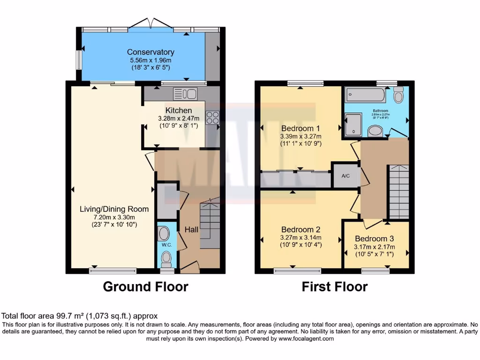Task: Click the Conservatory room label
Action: [x=150, y=52]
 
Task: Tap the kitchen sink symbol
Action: [x=185, y=94]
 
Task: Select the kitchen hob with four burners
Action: [x=212, y=117]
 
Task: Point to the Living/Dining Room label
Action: [x=114, y=209]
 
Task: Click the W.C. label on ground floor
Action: [x=166, y=244]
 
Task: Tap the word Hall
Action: [x=191, y=230]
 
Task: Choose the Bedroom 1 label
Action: [x=300, y=128]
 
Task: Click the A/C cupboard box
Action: [x=346, y=176]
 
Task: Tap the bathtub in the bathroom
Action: [x=366, y=95]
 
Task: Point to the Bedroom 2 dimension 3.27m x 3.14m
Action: [x=300, y=238]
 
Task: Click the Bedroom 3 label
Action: [x=375, y=239]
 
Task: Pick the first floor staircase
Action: [x=399, y=192]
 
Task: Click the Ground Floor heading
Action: [x=145, y=286]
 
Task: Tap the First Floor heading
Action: [x=334, y=286]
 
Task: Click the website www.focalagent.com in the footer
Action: [x=306, y=338]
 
